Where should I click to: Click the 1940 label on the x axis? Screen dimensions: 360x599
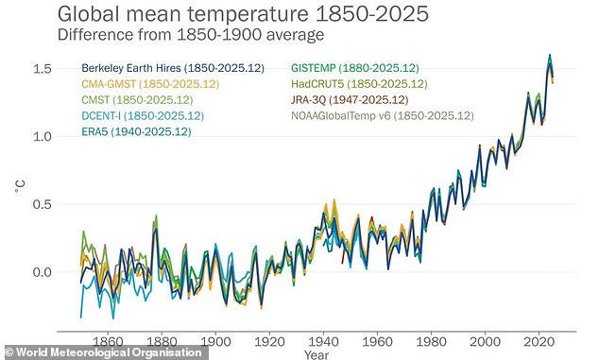click(x=323, y=340)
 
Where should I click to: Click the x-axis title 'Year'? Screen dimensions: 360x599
click(x=317, y=354)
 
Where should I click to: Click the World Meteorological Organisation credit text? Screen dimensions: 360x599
click(x=104, y=351)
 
